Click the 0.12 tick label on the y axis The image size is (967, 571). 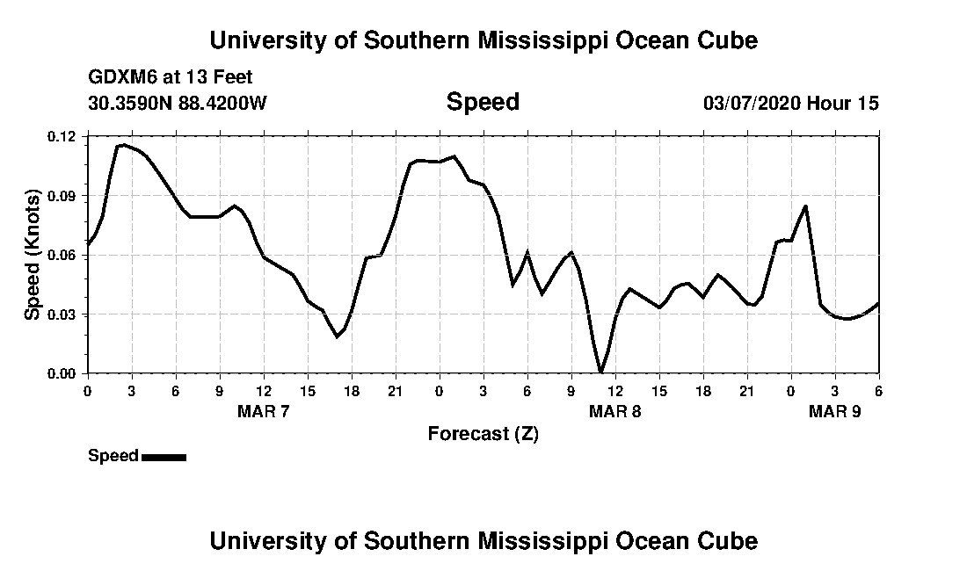[63, 136]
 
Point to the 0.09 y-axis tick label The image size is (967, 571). [63, 196]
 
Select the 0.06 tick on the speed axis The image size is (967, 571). [63, 255]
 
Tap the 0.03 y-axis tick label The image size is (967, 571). [63, 314]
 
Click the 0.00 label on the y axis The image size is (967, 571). [63, 373]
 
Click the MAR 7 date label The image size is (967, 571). [263, 411]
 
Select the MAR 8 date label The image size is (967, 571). [614, 411]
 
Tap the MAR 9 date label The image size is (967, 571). [834, 411]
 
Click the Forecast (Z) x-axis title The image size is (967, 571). [483, 433]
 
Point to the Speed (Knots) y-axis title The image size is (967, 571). [33, 254]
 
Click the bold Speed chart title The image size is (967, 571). [483, 102]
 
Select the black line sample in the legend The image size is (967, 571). [164, 457]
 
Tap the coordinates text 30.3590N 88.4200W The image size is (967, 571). [178, 104]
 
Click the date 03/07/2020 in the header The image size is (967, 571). [751, 104]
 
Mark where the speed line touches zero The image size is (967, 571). [600, 372]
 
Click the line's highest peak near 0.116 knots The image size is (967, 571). [123, 144]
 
